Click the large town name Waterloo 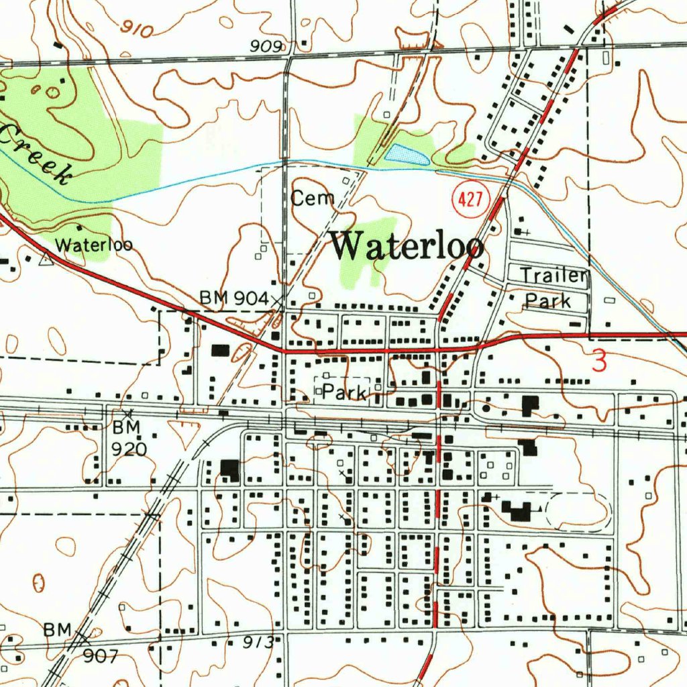pyautogui.click(x=407, y=246)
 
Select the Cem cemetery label pyautogui.click(x=313, y=198)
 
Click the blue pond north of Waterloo pyautogui.click(x=407, y=155)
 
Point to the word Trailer pyautogui.click(x=554, y=275)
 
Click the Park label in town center pyautogui.click(x=344, y=392)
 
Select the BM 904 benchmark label pyautogui.click(x=235, y=299)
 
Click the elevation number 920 pyautogui.click(x=129, y=448)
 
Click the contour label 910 pyautogui.click(x=138, y=29)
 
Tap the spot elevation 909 pyautogui.click(x=266, y=46)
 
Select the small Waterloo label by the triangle pyautogui.click(x=93, y=245)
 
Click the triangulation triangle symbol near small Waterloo pyautogui.click(x=46, y=260)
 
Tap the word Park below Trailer pyautogui.click(x=547, y=301)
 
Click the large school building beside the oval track pyautogui.click(x=518, y=511)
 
